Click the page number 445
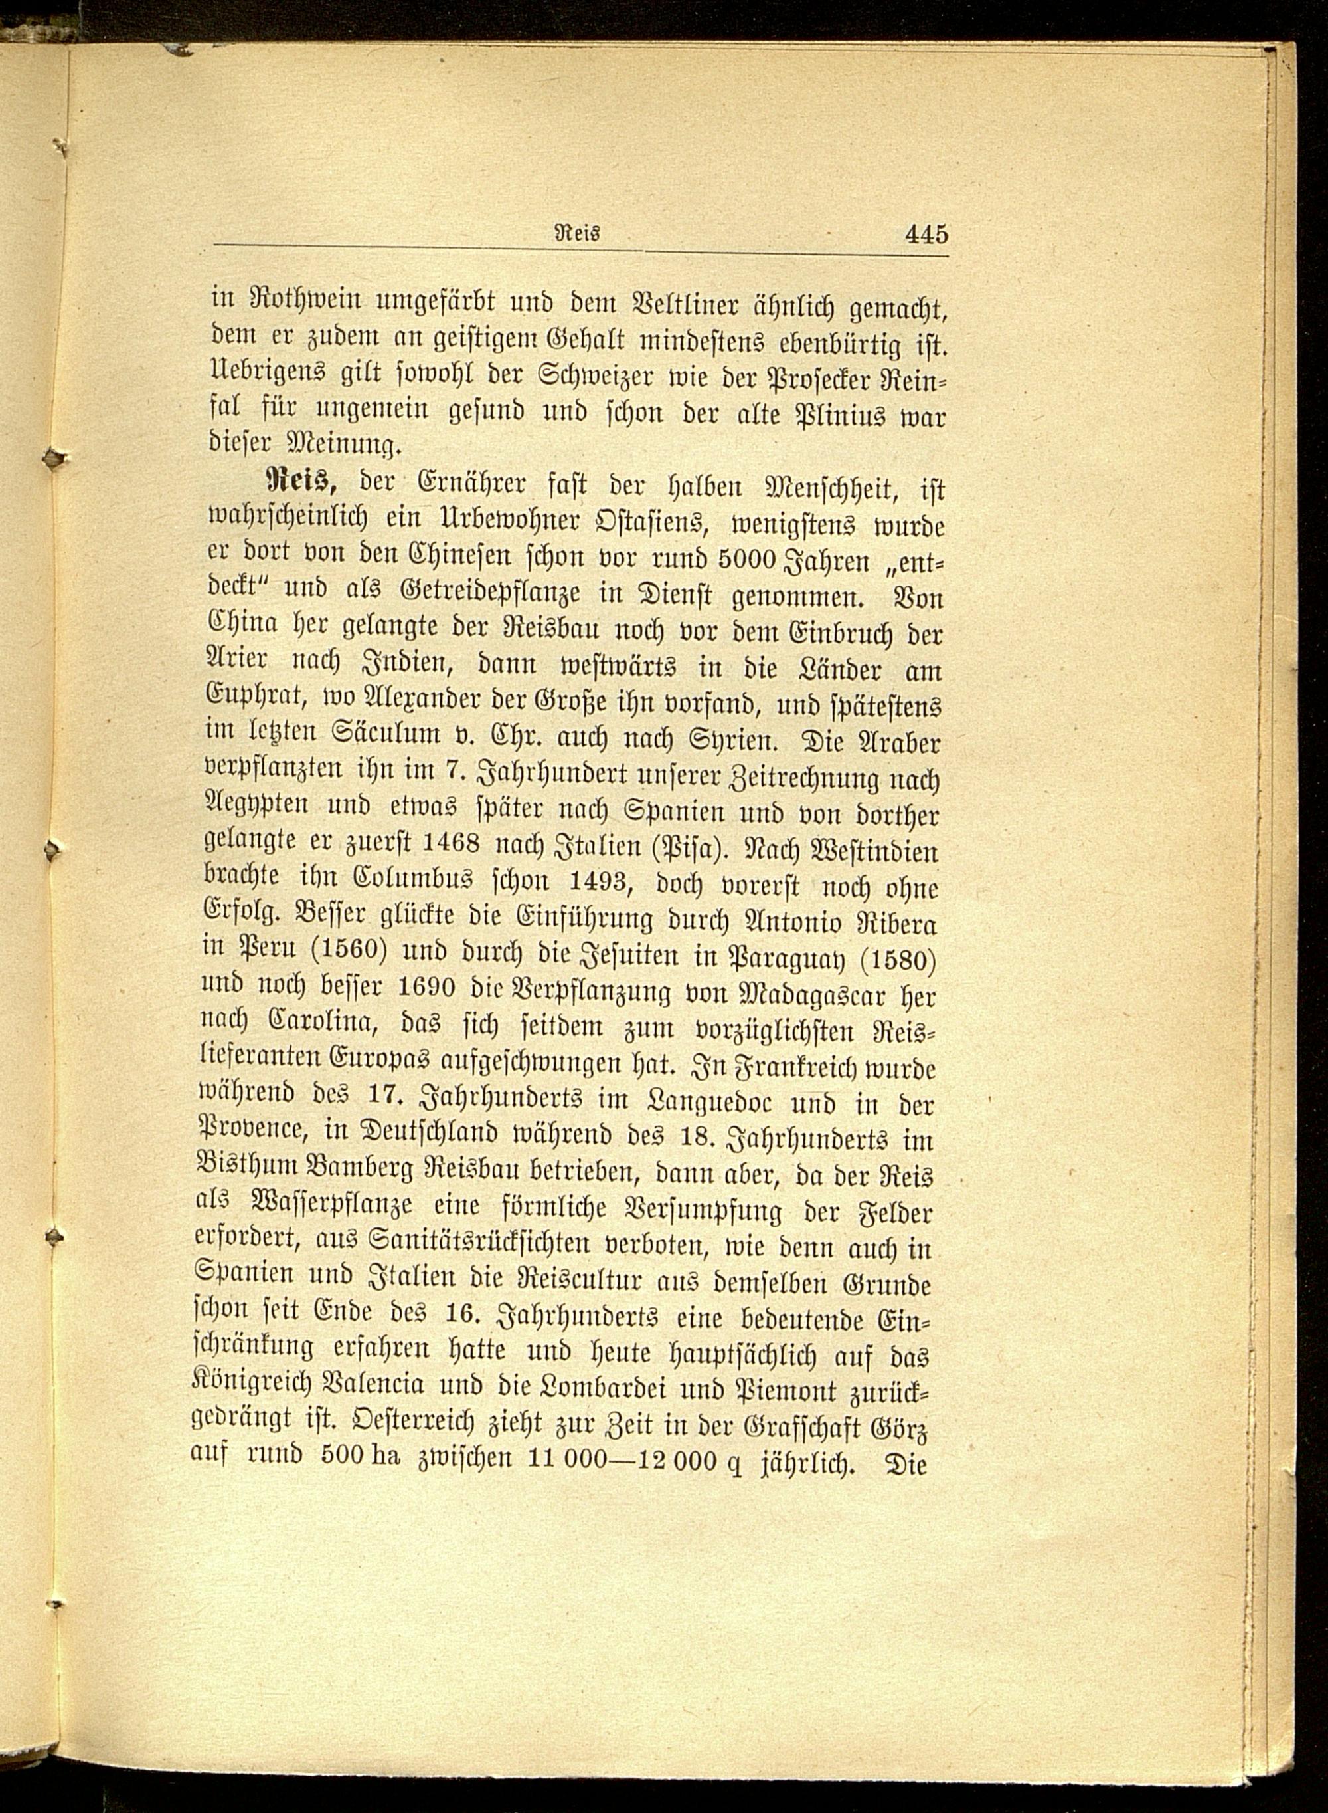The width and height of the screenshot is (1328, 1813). [926, 234]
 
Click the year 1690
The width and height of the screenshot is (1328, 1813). [427, 990]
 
